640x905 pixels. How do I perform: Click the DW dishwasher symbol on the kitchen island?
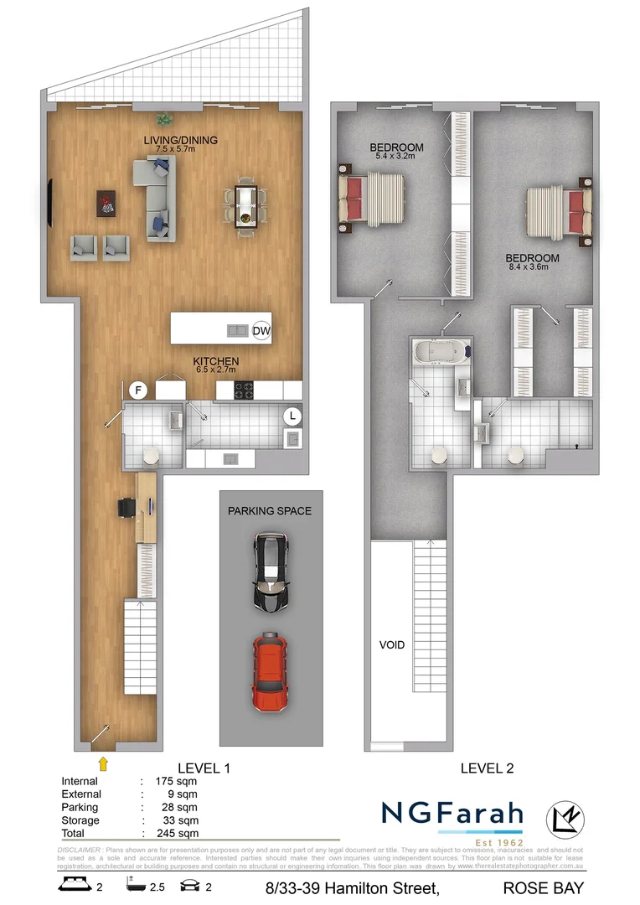(x=261, y=330)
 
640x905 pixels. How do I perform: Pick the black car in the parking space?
(x=271, y=572)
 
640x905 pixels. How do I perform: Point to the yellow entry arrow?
(x=103, y=762)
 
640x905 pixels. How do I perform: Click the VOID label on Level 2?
(x=391, y=645)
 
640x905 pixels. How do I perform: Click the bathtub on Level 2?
(x=441, y=351)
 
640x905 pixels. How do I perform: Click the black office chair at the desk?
(x=126, y=508)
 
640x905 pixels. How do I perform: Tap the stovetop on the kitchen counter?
(x=243, y=390)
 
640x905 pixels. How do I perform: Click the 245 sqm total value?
(x=178, y=833)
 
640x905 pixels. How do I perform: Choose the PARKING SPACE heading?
(x=270, y=510)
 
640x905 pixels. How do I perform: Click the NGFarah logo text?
(x=452, y=813)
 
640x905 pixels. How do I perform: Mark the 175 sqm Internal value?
(x=178, y=781)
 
